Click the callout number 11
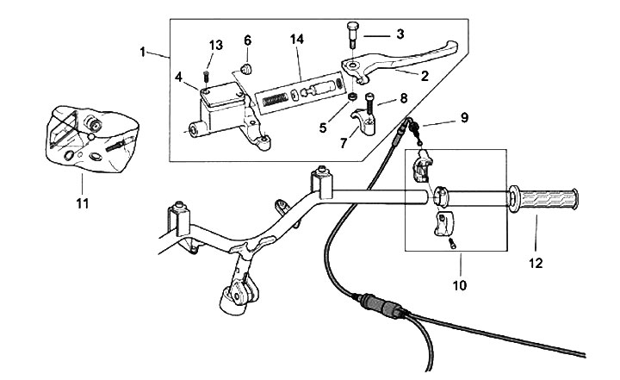tap(83, 204)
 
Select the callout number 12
tap(536, 263)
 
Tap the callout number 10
tap(460, 285)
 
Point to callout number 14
tap(297, 39)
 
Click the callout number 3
tap(400, 34)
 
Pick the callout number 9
tap(465, 117)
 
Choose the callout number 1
tap(143, 52)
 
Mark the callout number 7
tap(344, 143)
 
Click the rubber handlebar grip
tap(543, 200)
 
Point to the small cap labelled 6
tap(247, 69)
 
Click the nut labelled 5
tap(351, 97)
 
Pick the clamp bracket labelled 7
tap(363, 122)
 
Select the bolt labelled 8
tap(369, 103)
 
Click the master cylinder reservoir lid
tap(222, 94)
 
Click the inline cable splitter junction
tap(381, 304)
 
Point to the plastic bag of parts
tap(92, 139)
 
